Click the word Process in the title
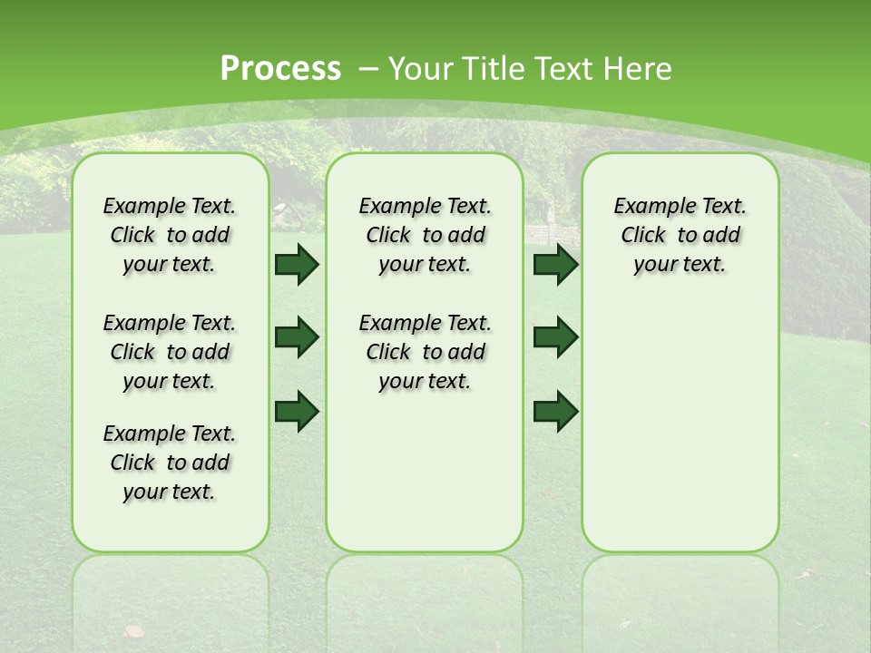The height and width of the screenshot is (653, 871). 280,68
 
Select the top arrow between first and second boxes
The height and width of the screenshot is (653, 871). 297,264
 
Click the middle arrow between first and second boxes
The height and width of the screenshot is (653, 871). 297,337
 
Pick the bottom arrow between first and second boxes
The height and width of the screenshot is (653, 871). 297,411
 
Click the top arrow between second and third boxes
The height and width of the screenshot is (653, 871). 555,264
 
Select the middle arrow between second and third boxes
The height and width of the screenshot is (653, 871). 555,337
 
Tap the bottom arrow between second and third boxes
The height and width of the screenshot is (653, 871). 555,411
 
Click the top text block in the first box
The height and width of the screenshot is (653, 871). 170,235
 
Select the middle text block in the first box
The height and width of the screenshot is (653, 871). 170,352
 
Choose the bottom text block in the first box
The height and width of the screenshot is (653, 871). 170,463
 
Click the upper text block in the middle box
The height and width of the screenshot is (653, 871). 425,235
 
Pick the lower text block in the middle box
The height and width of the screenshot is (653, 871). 425,352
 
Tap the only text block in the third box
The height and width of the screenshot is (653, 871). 680,235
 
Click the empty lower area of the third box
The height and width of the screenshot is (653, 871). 680,435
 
